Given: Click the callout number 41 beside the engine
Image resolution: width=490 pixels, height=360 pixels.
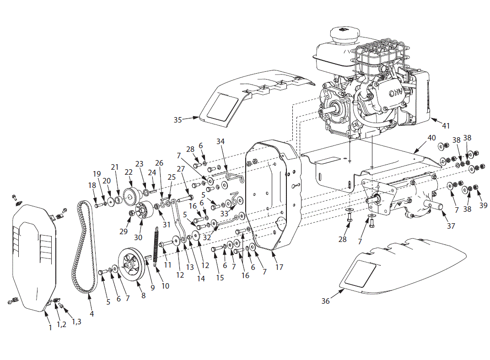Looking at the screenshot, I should point(446,124).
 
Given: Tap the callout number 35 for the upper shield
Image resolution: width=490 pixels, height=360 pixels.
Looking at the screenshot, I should point(178,120).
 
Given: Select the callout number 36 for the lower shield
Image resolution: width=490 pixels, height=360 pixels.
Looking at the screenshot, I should point(326,301).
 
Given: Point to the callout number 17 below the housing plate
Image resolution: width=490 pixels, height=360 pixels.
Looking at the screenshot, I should point(279,267).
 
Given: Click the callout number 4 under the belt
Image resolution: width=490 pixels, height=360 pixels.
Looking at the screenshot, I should point(92,314).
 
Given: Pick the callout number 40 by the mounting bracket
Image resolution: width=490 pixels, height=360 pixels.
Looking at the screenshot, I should point(431,138).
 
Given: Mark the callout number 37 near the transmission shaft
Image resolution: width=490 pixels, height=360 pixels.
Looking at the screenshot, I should point(451,226).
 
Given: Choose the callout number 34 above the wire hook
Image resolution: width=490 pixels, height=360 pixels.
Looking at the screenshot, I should point(221,142).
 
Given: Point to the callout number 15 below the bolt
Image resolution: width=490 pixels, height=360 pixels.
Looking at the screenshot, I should point(220,278).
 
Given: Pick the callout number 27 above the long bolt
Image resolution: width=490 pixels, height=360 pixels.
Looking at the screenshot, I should point(180,168).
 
